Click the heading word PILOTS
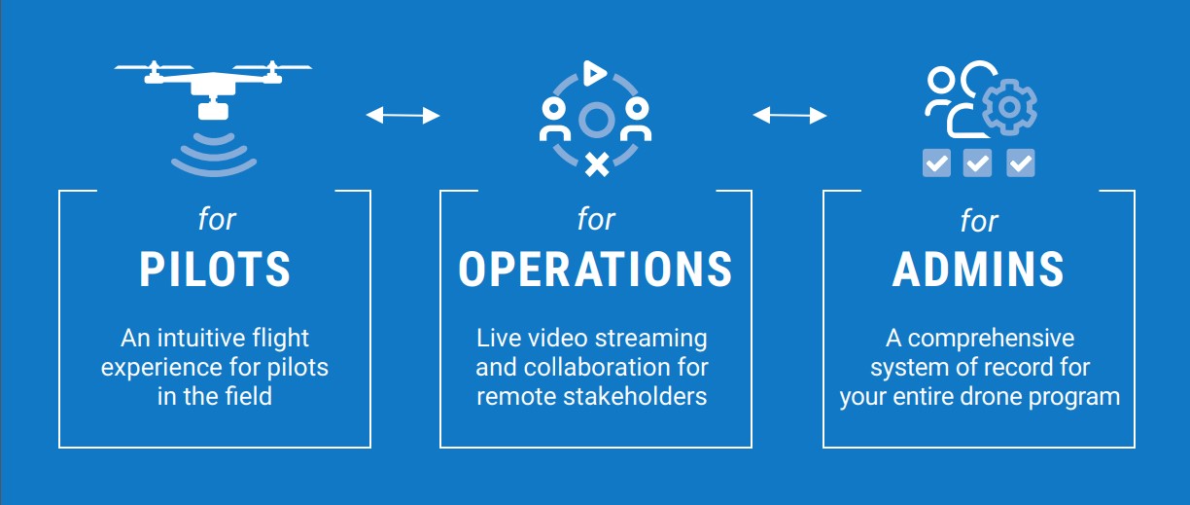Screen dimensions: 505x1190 215,270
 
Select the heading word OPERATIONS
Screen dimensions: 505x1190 595,270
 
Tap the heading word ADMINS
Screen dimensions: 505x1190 978,270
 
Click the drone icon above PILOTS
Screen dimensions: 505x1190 214,83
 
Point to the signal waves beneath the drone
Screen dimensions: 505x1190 214,151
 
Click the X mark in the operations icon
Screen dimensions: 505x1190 597,163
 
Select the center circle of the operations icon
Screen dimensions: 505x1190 595,120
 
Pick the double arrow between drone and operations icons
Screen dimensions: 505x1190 402,116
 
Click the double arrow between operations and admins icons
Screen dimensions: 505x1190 789,116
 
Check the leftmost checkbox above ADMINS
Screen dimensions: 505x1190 936,162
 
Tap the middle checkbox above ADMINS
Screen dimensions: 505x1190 977,162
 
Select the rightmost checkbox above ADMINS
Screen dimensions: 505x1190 1020,162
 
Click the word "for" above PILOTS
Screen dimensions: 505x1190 217,220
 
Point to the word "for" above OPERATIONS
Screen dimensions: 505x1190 596,220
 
